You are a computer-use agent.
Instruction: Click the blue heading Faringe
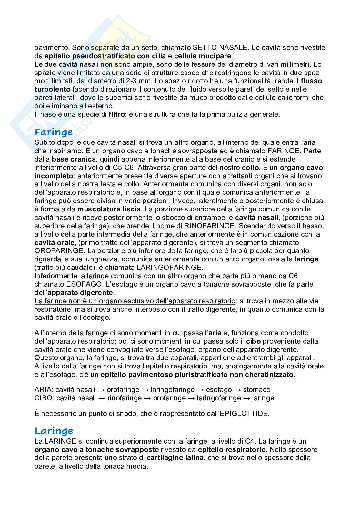54,132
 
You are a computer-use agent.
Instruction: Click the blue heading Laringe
54,431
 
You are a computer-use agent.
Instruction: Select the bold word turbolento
52,89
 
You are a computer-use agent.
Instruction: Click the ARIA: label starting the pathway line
44,390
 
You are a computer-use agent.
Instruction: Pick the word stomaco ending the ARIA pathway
256,390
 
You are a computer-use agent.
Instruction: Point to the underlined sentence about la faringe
135,301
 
